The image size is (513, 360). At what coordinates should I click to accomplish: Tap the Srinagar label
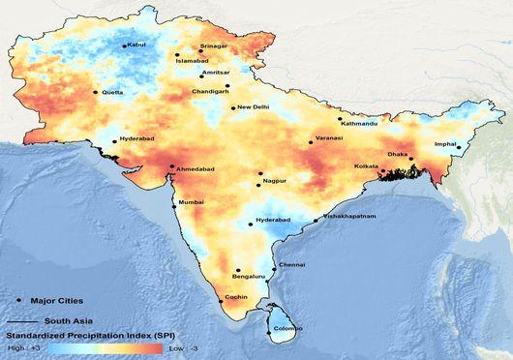[213, 45]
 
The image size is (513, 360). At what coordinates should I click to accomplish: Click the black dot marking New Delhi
[233, 107]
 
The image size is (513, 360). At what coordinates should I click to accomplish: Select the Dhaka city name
[398, 154]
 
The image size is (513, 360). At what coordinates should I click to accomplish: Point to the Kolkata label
[368, 166]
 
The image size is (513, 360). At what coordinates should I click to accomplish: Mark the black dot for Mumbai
[175, 202]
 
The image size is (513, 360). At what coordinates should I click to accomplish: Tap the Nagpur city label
[276, 182]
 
